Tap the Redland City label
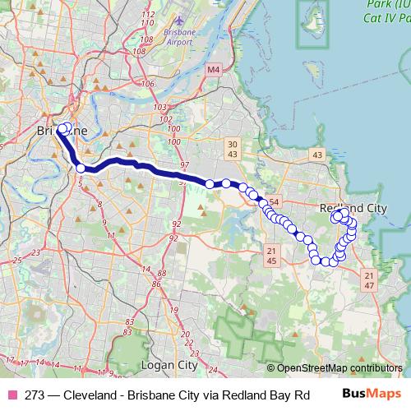(352, 208)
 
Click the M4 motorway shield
(214, 71)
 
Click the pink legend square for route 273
(11, 394)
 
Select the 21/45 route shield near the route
(271, 256)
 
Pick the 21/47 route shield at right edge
(368, 279)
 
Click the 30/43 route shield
(232, 150)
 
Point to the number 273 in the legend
(35, 394)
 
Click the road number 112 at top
(148, 16)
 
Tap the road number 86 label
(155, 284)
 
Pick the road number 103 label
(159, 108)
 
